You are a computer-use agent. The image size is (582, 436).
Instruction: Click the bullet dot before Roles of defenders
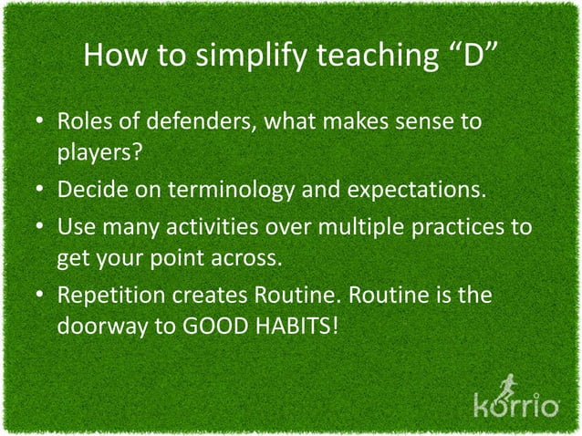(x=42, y=122)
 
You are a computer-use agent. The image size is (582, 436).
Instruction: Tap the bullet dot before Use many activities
(x=42, y=226)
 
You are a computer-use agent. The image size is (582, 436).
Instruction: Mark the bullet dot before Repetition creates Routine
(x=42, y=296)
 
